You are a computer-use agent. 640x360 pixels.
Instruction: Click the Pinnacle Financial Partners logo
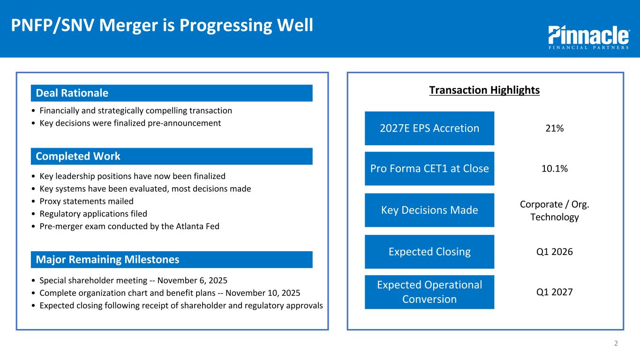pyautogui.click(x=589, y=37)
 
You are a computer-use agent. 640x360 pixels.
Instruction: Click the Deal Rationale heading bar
pyautogui.click(x=172, y=93)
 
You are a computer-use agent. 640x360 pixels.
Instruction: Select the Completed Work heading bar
pyautogui.click(x=172, y=156)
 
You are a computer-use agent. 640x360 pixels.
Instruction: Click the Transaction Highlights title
pyautogui.click(x=484, y=90)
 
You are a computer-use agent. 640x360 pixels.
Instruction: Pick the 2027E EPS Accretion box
pyautogui.click(x=429, y=128)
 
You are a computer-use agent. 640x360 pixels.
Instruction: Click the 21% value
pyautogui.click(x=555, y=128)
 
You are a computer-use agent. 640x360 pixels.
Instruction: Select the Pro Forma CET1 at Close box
pyautogui.click(x=429, y=169)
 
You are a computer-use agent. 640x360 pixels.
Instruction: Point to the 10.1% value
pyautogui.click(x=555, y=169)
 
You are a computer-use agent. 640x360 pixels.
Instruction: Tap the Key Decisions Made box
pyautogui.click(x=429, y=210)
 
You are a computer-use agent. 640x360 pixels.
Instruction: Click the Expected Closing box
pyautogui.click(x=429, y=252)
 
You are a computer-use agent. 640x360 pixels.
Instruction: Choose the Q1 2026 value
pyautogui.click(x=555, y=252)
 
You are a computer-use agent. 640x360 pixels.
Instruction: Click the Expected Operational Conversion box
pyautogui.click(x=429, y=292)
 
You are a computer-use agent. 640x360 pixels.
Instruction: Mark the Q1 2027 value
pyautogui.click(x=555, y=292)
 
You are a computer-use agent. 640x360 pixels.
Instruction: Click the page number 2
pyautogui.click(x=616, y=343)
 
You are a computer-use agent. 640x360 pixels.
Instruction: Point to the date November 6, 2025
pyautogui.click(x=192, y=281)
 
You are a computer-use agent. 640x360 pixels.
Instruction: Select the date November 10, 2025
pyautogui.click(x=263, y=293)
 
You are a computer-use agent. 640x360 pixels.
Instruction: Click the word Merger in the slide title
pyautogui.click(x=128, y=25)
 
